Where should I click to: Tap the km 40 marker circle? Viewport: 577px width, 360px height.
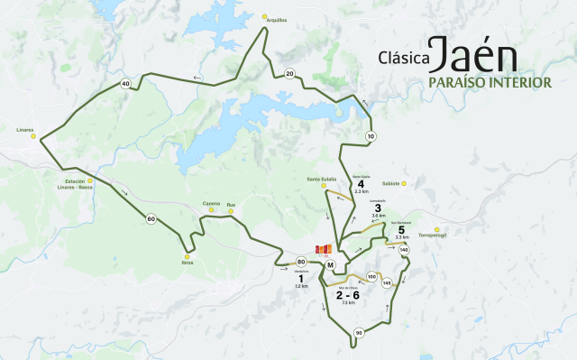pos(125,84)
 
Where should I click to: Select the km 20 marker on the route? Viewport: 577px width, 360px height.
pos(288,74)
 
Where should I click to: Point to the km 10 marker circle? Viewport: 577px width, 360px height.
pos(371,136)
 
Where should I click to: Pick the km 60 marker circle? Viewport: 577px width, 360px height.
pos(151,218)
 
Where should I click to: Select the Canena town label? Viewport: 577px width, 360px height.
pos(211,203)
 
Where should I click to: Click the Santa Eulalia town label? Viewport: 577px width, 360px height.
pos(321,179)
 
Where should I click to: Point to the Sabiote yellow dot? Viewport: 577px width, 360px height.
pos(405,184)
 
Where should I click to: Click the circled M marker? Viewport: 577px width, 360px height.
pos(331,264)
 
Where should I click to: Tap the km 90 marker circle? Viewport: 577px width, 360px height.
pos(359,333)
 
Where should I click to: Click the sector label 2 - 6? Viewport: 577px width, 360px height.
pos(347,295)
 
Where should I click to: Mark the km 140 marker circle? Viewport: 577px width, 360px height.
pos(403,249)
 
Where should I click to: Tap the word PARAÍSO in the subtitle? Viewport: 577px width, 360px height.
pos(437,82)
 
